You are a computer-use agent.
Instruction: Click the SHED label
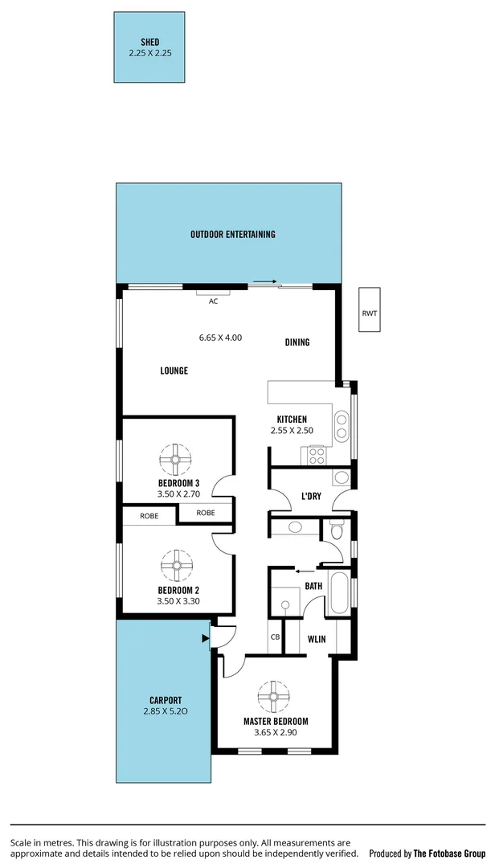[150, 42]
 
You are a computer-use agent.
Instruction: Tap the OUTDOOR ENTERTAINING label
[232, 235]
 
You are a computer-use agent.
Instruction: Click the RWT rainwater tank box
[369, 313]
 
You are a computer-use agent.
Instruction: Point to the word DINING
[297, 342]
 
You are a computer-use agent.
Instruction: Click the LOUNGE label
[174, 371]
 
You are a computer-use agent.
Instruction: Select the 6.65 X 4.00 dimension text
[220, 338]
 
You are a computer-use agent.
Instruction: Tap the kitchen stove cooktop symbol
[317, 455]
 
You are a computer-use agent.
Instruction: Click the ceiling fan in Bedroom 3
[175, 461]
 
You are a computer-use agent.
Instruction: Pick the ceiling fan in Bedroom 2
[175, 564]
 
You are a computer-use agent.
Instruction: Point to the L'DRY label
[311, 497]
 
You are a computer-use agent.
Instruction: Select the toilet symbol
[337, 530]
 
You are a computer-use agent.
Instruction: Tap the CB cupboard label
[275, 637]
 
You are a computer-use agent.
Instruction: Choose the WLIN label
[317, 640]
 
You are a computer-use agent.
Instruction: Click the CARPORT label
[166, 700]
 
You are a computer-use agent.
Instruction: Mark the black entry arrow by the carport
[205, 639]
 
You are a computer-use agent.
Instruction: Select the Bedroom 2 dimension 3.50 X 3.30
[178, 600]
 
